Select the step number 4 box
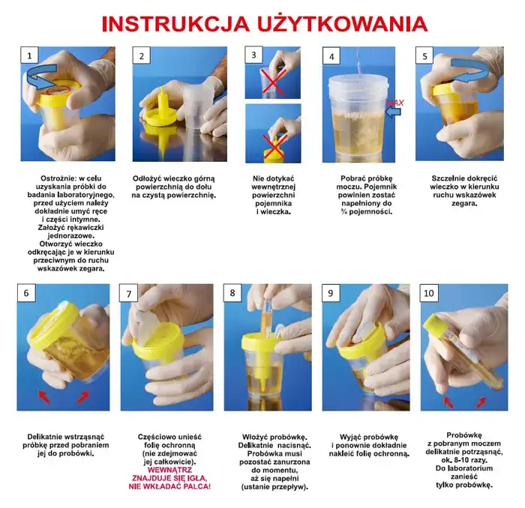(332, 56)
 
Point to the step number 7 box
(130, 293)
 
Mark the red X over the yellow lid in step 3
(274, 147)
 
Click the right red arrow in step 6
(83, 395)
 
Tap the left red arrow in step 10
(449, 401)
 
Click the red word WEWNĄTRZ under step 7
(169, 470)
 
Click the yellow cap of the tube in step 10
(436, 323)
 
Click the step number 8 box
(232, 293)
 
